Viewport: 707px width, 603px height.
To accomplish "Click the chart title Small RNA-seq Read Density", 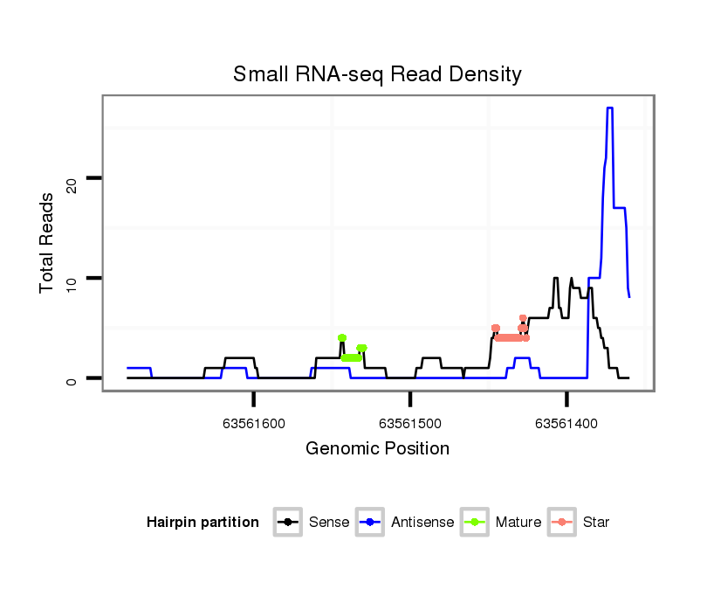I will (377, 74).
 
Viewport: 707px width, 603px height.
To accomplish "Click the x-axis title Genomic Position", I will (377, 449).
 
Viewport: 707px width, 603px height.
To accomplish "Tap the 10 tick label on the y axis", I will (72, 279).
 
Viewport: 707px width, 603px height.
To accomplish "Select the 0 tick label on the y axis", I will (72, 378).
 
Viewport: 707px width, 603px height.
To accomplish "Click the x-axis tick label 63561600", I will (254, 424).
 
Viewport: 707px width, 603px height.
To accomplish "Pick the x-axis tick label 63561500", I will (410, 424).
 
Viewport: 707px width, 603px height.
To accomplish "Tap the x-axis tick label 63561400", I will (566, 424).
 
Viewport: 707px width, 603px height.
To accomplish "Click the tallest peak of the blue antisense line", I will (610, 108).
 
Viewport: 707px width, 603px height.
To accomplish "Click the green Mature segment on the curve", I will (351, 357).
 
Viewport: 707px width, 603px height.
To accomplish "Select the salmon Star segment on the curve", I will (510, 337).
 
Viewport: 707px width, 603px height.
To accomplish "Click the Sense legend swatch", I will (287, 523).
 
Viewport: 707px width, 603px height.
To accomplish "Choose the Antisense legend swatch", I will (370, 523).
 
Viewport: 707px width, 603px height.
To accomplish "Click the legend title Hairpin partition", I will (202, 523).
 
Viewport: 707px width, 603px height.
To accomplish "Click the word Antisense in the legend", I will (422, 523).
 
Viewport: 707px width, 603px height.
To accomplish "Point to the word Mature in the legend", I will (518, 523).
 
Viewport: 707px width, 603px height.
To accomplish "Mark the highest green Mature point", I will (342, 337).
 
